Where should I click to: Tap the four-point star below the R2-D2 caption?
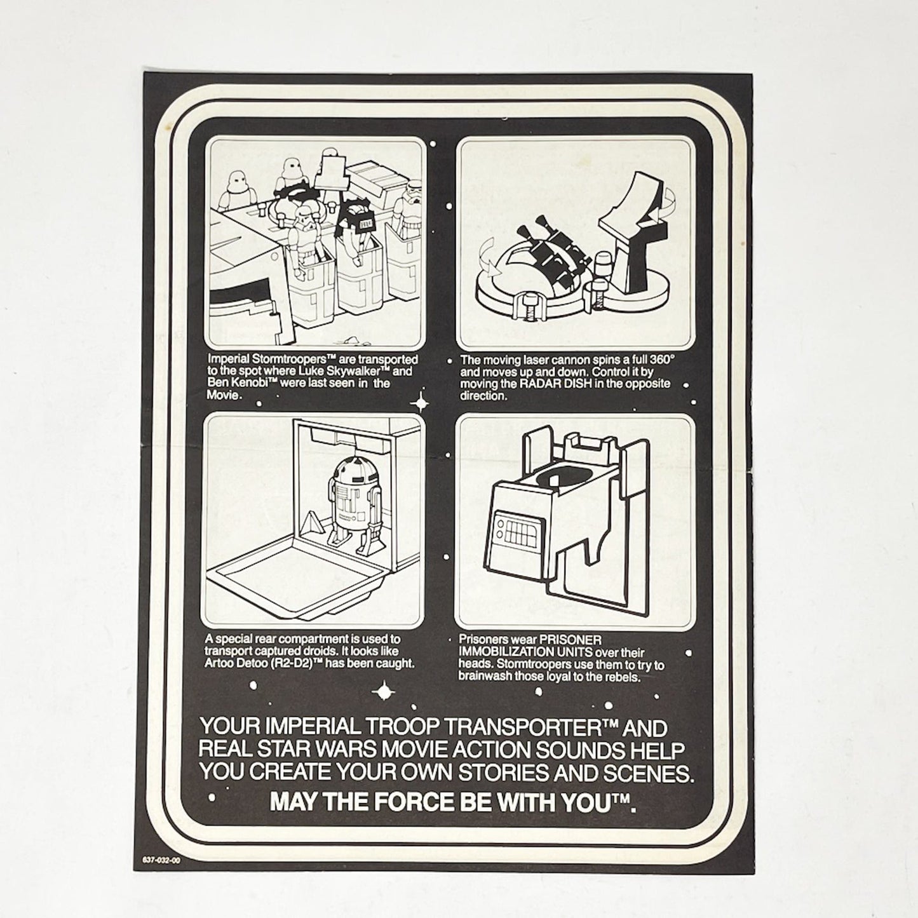(384, 691)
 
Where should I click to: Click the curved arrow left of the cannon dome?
(491, 262)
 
